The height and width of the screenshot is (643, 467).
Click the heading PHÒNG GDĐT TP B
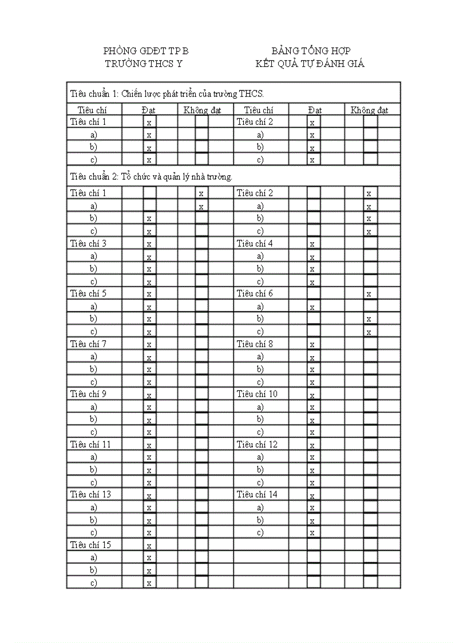[x=146, y=51]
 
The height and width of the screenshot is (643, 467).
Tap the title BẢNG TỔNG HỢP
[x=311, y=51]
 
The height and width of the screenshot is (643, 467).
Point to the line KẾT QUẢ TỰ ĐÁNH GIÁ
[x=310, y=64]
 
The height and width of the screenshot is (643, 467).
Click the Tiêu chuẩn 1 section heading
[x=167, y=93]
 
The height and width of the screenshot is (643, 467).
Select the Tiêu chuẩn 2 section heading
[x=151, y=176]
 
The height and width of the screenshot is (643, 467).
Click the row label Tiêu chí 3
[x=88, y=243]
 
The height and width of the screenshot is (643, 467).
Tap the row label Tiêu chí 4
[x=255, y=243]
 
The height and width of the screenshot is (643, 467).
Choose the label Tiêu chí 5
[x=88, y=294]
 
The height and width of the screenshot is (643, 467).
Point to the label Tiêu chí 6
[x=255, y=294]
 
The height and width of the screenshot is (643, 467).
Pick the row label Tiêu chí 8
[x=255, y=344]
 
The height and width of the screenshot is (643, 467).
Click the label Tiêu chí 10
[x=257, y=394]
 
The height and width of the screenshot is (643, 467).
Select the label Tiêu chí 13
[x=90, y=494]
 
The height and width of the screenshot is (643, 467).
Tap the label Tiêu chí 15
[x=90, y=545]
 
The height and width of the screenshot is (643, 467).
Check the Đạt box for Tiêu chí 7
[x=149, y=345]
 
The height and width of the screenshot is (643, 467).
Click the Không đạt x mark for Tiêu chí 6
[x=369, y=294]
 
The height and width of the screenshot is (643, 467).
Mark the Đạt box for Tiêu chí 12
[x=312, y=445]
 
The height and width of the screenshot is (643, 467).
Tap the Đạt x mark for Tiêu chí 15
[x=149, y=546]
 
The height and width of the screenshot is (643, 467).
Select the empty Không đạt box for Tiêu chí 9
[x=201, y=395]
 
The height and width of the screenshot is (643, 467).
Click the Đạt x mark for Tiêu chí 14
[x=312, y=495]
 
